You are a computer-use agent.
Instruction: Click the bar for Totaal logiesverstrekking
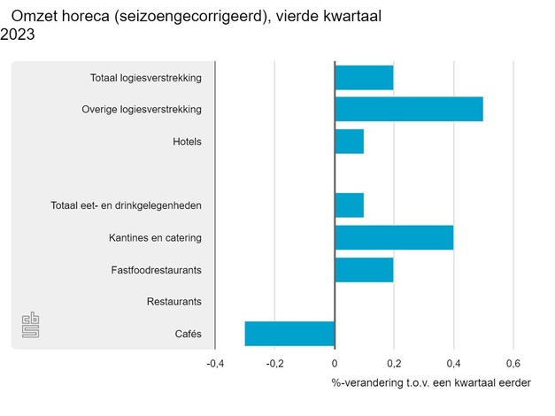364,78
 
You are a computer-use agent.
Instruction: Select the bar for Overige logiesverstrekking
409,110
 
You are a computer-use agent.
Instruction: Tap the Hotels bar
349,142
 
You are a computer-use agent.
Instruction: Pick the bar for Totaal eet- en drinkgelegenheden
349,205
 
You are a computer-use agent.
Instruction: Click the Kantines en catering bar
394,237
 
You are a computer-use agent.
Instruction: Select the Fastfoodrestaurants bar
364,269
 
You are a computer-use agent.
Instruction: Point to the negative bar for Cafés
289,334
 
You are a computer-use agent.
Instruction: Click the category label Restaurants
174,302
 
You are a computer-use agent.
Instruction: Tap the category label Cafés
189,334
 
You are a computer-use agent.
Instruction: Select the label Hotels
188,142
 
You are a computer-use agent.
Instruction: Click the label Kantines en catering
155,238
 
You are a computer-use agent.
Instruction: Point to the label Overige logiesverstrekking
142,110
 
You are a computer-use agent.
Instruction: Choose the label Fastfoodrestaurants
156,270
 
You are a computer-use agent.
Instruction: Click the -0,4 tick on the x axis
215,363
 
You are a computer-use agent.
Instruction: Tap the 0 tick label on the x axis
335,363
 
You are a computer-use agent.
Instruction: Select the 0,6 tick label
513,363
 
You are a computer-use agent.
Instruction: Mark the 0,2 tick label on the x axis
394,363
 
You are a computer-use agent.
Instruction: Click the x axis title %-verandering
431,383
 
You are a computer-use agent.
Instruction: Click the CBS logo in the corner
31,326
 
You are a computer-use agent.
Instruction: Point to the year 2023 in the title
19,35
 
